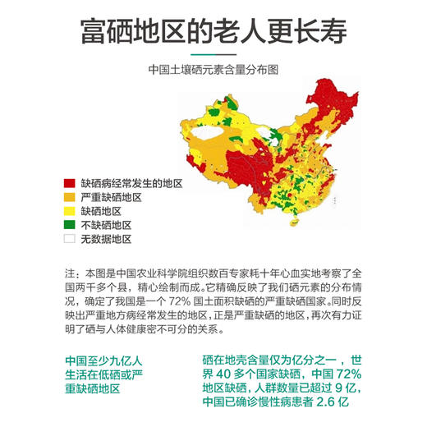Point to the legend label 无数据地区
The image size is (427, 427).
[x=106, y=240]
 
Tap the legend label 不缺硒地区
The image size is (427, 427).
[x=106, y=226]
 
